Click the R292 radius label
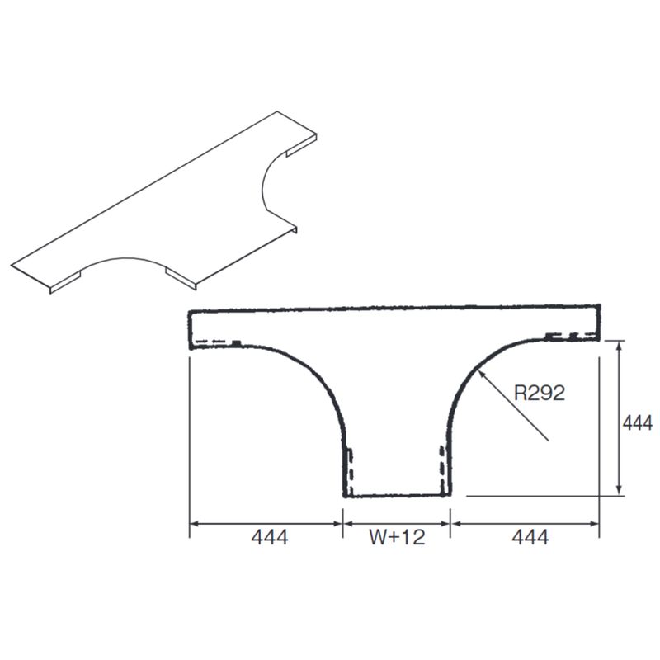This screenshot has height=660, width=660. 540,394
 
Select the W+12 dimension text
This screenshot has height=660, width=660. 397,537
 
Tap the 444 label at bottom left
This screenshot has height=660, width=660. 270,537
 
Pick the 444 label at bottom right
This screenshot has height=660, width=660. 530,537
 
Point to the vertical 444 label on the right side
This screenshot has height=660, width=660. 637,423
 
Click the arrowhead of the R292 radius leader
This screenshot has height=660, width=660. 482,372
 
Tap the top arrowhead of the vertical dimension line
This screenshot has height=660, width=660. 619,345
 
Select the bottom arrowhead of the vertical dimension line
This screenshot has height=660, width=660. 619,490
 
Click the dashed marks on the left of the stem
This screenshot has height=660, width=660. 349,472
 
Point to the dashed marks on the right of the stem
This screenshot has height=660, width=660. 442,470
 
